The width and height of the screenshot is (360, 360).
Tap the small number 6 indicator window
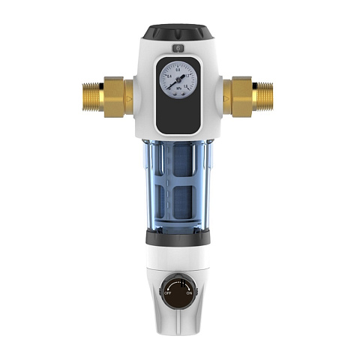(178, 47)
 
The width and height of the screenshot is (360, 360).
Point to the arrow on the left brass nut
(130, 98)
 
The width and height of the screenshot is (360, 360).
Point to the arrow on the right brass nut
(226, 98)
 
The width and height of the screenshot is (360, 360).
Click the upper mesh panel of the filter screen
(178, 161)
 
